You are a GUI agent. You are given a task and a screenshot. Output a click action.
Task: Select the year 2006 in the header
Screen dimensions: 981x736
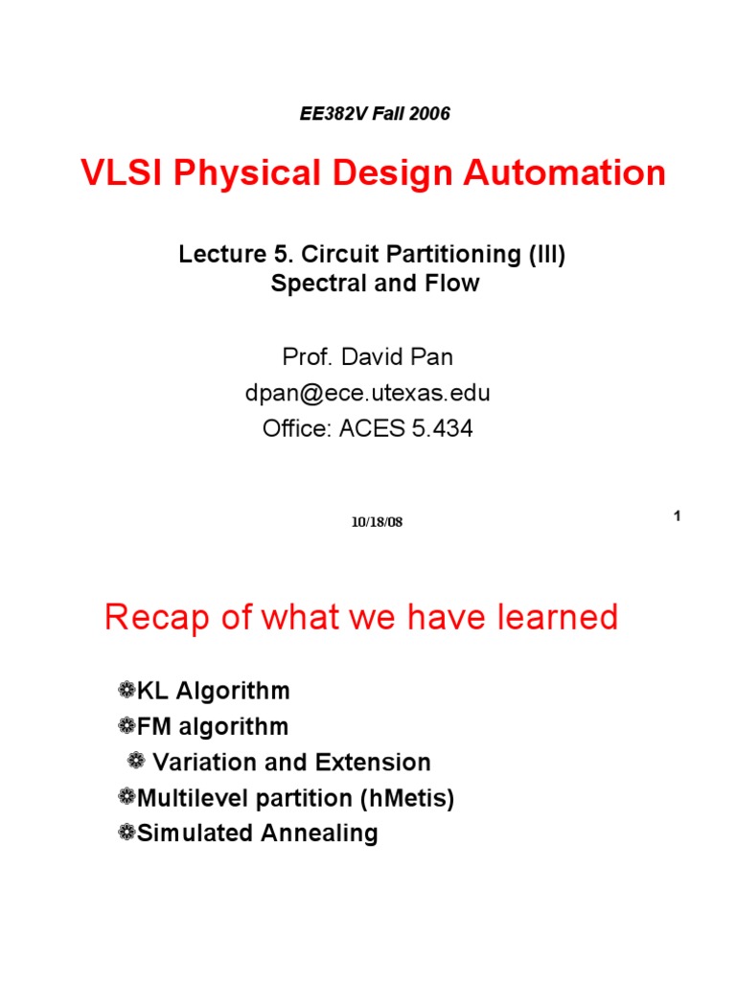[x=427, y=114]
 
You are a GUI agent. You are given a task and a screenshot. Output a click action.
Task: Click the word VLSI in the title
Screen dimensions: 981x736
[x=116, y=173]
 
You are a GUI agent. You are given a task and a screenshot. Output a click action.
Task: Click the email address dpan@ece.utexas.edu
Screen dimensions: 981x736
[x=368, y=393]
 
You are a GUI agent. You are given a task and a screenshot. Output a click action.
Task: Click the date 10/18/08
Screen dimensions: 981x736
[x=377, y=522]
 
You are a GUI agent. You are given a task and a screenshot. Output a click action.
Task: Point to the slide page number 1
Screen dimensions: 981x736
[x=676, y=516]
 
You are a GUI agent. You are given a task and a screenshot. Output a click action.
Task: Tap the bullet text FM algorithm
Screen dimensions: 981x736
[x=212, y=726]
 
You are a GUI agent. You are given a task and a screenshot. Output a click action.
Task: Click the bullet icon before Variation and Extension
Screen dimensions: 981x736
[x=136, y=762]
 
